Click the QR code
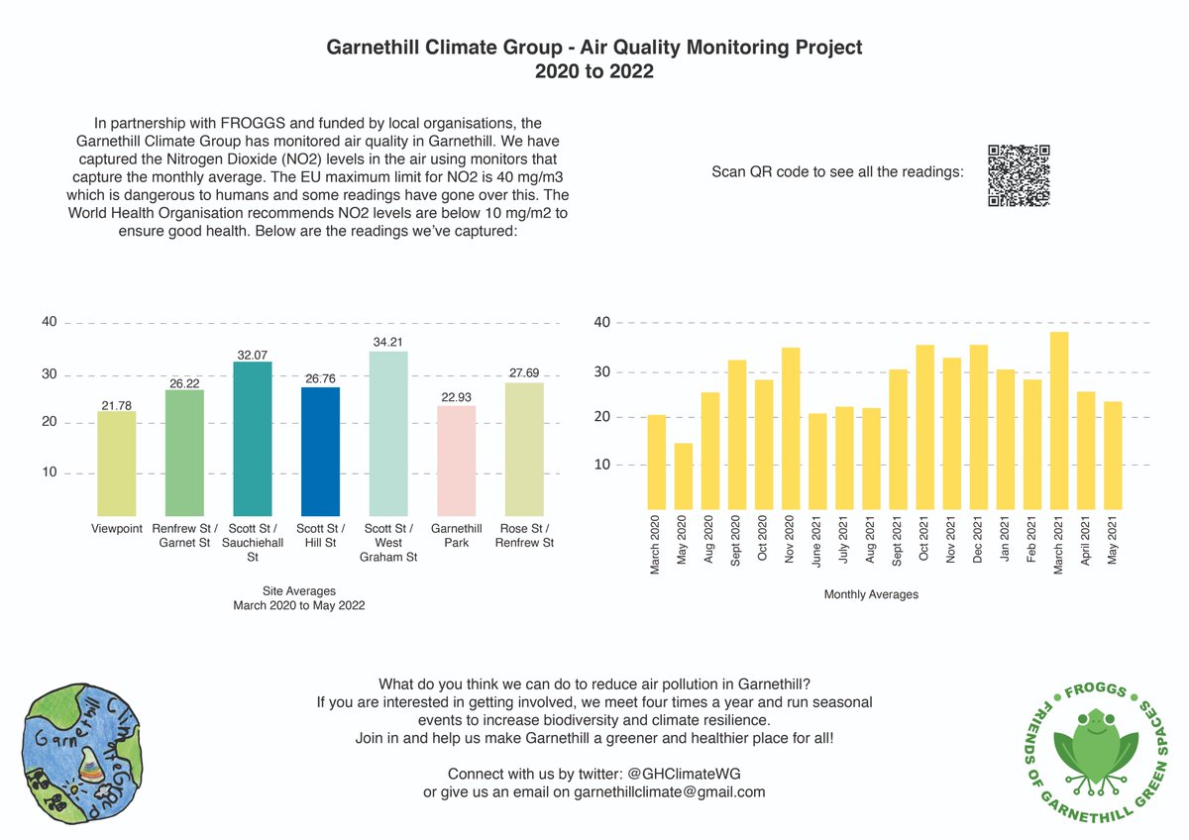(1019, 175)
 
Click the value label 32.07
(253, 354)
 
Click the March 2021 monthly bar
(1059, 420)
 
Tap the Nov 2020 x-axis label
(790, 538)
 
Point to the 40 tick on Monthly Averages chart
(601, 322)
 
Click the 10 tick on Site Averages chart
(50, 472)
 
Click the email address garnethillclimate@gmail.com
(669, 791)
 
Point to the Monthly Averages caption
(871, 594)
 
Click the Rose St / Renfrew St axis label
(524, 535)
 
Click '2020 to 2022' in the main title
(594, 71)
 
